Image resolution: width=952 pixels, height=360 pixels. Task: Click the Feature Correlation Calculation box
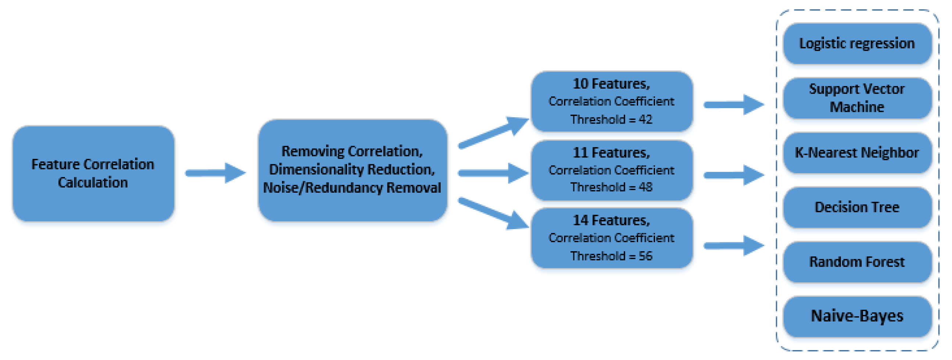(x=93, y=174)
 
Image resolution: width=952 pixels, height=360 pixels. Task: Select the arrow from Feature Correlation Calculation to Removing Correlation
(x=215, y=172)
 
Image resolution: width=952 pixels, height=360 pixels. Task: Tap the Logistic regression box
(x=857, y=44)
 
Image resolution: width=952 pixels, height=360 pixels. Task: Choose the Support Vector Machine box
(x=857, y=98)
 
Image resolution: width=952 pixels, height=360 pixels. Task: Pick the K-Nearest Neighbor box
(x=857, y=153)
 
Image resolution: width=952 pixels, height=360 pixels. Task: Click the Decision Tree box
(x=857, y=207)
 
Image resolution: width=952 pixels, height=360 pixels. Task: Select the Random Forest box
(x=857, y=262)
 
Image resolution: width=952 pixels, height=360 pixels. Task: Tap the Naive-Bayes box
(x=857, y=316)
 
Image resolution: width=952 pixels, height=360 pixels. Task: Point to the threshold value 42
(x=645, y=120)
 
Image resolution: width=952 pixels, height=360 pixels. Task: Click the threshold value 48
(x=645, y=188)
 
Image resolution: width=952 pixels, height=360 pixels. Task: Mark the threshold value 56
(x=645, y=256)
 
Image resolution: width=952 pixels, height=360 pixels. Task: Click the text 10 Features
(x=611, y=84)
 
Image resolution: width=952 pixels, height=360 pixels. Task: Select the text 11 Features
(x=611, y=153)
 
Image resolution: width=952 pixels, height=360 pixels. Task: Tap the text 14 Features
(x=611, y=221)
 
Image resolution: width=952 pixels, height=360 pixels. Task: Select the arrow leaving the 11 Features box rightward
(x=734, y=175)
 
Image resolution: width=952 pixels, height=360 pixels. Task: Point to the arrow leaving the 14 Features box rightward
(x=734, y=245)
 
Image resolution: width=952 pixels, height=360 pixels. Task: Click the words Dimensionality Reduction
(x=351, y=170)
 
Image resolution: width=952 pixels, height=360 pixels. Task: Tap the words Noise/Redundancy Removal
(x=351, y=188)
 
